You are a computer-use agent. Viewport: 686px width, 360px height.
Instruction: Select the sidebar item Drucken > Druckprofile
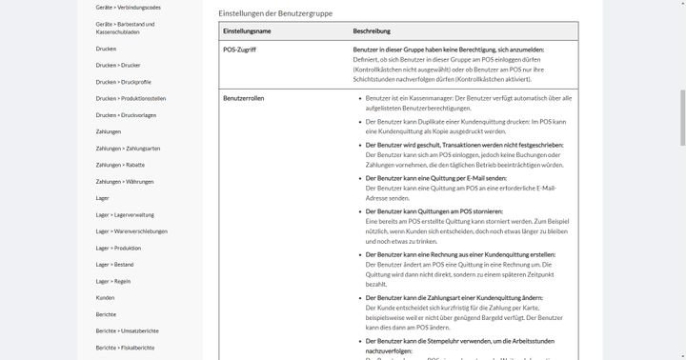123,82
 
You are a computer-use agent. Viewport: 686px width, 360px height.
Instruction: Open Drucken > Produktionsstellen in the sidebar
131,98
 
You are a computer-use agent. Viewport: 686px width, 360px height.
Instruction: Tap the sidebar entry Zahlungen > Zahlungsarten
128,149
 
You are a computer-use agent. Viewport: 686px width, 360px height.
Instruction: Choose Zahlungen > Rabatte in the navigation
121,165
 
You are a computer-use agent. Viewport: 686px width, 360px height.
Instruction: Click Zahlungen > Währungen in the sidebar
124,181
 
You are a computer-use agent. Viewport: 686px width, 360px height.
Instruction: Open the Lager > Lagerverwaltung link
125,214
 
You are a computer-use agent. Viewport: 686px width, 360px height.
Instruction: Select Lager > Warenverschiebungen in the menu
131,231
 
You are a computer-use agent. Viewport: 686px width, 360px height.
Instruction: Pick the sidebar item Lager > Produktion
118,248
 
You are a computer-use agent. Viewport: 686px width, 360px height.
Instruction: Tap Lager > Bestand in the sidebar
114,265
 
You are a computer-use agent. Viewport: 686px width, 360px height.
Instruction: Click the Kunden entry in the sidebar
105,297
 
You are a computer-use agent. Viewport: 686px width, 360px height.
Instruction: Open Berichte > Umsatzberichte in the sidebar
126,330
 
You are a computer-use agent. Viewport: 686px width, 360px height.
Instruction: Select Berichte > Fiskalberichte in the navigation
125,348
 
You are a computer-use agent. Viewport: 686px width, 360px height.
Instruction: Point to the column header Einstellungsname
247,31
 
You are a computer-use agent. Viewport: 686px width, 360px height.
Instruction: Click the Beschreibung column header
372,31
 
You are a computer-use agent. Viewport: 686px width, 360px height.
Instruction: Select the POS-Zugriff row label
240,50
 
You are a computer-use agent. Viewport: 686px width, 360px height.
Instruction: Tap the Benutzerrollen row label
243,97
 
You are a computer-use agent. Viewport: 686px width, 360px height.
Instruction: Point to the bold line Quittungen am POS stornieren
434,211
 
